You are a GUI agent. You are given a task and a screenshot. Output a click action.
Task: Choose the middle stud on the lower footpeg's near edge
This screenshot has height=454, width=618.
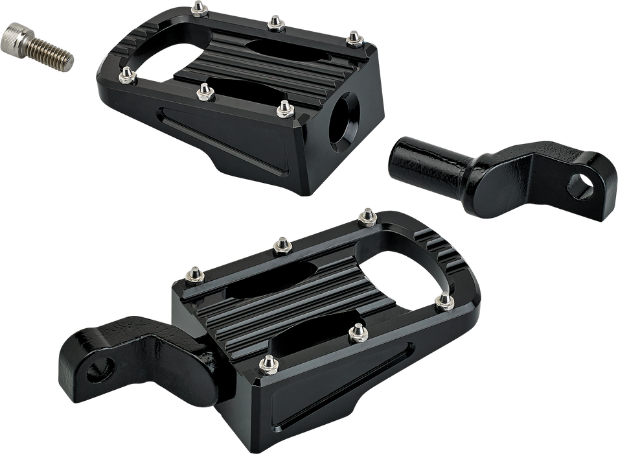(x=354, y=332)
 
